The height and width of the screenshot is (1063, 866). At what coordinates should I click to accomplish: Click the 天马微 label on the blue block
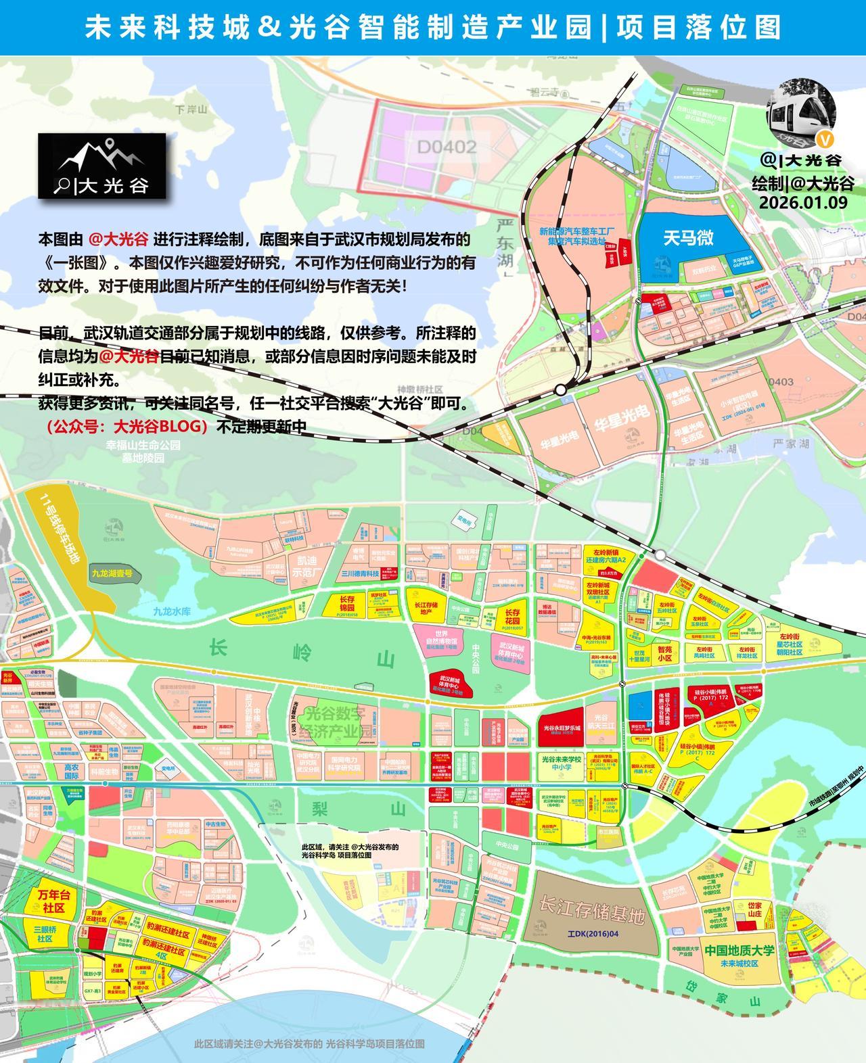(688, 237)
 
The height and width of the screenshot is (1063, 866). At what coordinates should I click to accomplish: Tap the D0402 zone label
(446, 147)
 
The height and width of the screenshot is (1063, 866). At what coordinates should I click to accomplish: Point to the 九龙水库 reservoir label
(172, 611)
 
